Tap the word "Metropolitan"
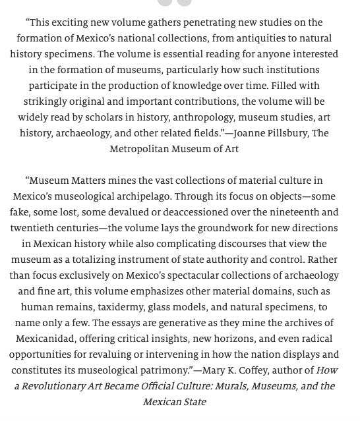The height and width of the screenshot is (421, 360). (142, 149)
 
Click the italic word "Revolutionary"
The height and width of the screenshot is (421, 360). (56, 386)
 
